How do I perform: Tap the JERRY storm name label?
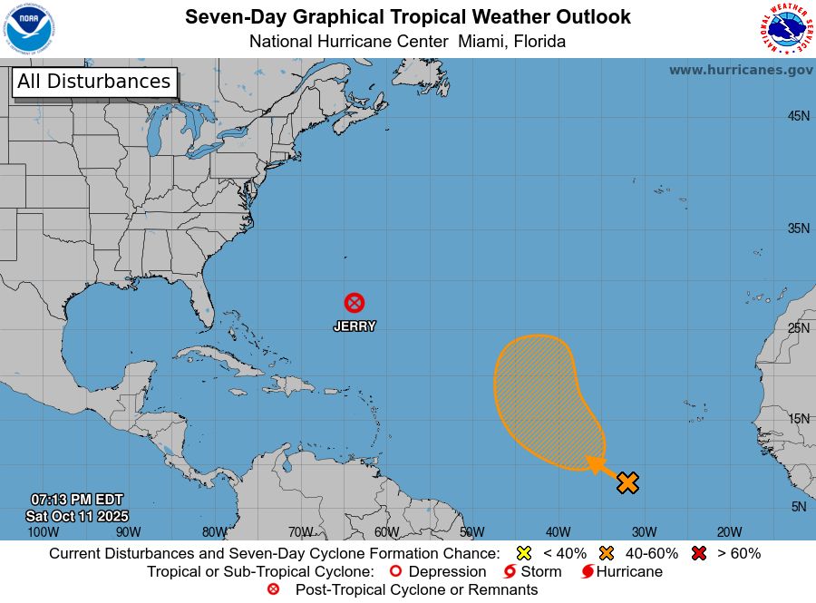355,326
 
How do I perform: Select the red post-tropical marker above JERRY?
355,303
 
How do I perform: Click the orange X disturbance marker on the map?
627,482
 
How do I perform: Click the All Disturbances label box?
93,82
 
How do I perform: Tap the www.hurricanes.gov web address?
741,70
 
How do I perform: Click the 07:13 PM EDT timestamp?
77,500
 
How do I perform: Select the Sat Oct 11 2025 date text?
77,515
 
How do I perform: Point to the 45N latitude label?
798,116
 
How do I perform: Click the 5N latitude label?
799,507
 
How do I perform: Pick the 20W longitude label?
730,532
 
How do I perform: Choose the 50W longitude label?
471,532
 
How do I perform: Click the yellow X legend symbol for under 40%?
523,553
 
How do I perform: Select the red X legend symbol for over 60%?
699,553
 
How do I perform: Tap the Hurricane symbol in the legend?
588,571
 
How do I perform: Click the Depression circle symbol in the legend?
394,571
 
